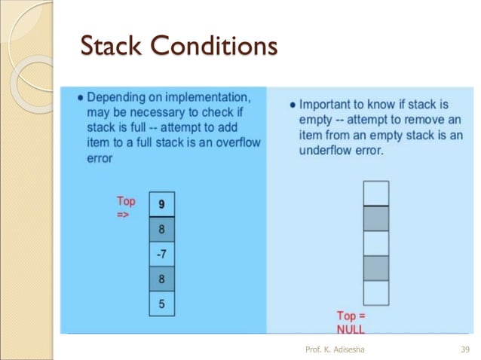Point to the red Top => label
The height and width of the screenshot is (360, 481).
127,207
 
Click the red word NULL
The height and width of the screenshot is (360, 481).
351,329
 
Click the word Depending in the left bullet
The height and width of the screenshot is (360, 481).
115,98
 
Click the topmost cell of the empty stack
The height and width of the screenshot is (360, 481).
376,193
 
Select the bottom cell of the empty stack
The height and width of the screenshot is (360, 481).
376,292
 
